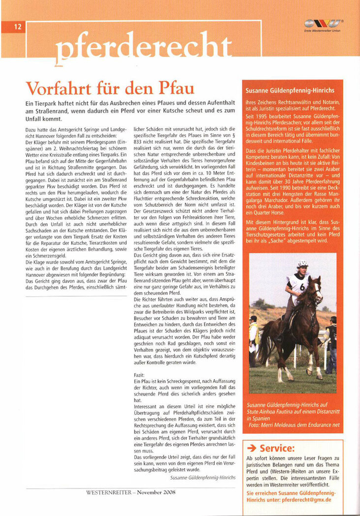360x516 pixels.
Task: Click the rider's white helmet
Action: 302,264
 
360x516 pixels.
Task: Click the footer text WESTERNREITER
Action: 109,492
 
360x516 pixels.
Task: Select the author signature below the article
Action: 202,477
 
